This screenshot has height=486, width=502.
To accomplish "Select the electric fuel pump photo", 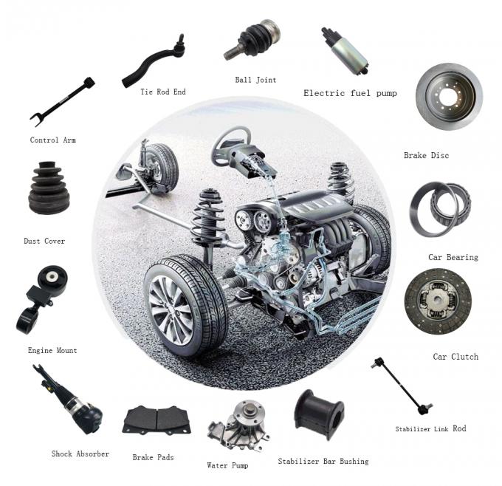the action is [345, 51].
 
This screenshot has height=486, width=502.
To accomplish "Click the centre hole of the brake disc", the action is [449, 97].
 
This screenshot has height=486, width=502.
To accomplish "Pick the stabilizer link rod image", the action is [402, 386].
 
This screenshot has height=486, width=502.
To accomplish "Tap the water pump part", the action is [239, 425].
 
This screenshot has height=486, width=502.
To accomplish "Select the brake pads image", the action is [157, 420].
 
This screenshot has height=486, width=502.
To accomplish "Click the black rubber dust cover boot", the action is [49, 188].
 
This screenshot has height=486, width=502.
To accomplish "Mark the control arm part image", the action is [63, 101].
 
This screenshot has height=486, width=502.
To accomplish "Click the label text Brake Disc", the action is [426, 155].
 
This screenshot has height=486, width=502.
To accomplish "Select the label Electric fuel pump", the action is [350, 93].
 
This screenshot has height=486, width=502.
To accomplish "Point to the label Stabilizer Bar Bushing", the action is [323, 462].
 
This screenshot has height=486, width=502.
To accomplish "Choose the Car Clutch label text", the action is [455, 357].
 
